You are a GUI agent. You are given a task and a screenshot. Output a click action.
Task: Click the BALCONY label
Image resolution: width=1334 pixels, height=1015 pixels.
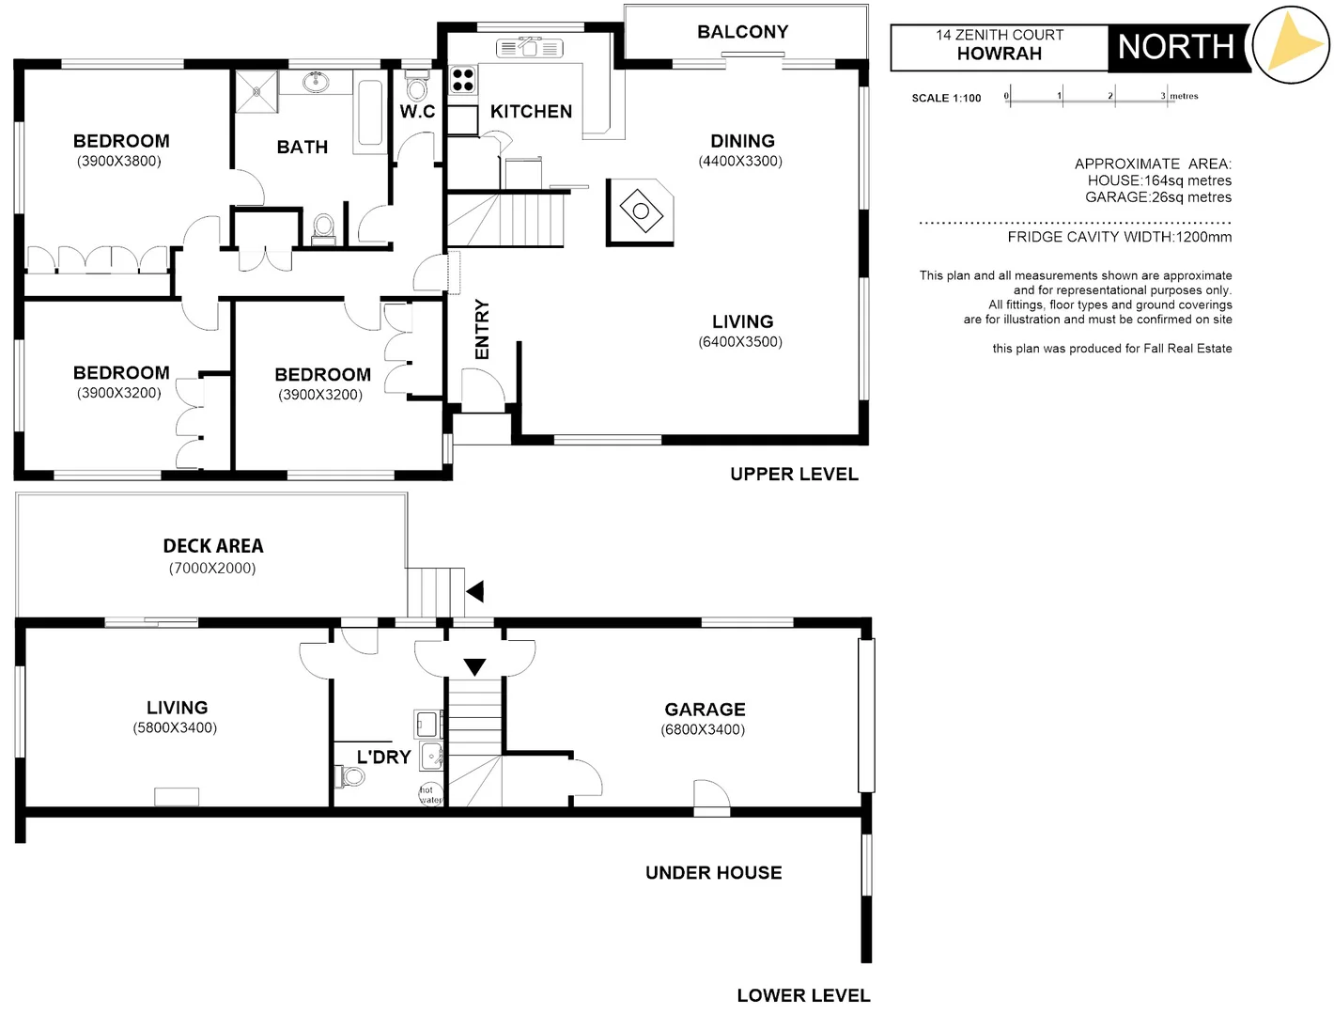tap(742, 32)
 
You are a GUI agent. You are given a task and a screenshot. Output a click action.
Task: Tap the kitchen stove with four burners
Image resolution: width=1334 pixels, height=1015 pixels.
tap(462, 79)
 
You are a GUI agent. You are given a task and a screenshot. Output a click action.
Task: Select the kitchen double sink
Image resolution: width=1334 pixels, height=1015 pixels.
tap(529, 47)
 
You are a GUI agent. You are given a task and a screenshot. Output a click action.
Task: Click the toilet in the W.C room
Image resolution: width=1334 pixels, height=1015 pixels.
tap(416, 88)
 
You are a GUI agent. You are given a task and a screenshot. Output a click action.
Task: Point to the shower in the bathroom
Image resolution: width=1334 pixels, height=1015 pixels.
tap(256, 91)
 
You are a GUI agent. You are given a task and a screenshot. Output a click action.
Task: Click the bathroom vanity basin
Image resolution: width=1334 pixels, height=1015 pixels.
tap(318, 82)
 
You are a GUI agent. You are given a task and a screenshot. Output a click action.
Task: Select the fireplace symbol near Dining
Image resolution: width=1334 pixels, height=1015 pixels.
tap(641, 211)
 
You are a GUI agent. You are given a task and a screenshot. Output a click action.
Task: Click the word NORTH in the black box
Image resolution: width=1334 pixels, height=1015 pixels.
tap(1175, 47)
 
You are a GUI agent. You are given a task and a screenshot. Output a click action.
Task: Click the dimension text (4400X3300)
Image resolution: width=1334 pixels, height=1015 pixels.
tap(740, 161)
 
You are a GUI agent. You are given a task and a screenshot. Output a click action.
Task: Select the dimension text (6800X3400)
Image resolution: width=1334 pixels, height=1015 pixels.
tap(703, 729)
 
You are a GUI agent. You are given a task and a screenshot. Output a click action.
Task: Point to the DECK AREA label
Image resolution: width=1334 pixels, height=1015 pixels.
tap(213, 546)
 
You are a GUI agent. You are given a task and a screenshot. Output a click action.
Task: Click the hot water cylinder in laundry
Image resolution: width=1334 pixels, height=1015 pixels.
tap(430, 794)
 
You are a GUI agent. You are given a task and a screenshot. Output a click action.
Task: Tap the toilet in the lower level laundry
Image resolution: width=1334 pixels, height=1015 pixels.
tap(349, 776)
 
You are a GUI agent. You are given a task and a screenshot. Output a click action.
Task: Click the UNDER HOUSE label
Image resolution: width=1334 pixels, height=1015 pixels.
tap(713, 873)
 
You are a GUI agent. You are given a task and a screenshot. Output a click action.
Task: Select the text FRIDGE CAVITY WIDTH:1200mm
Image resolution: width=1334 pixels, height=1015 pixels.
tap(1119, 237)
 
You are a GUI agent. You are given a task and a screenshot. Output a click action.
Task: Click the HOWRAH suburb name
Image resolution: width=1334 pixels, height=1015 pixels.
tap(999, 54)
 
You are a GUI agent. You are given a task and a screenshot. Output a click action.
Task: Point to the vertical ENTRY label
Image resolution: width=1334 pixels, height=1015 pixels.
tap(482, 329)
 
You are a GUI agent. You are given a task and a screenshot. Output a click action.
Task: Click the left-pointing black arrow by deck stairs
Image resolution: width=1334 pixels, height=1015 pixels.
tap(475, 591)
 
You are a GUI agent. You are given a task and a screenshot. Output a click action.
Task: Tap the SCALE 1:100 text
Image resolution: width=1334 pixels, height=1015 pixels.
tap(946, 98)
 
